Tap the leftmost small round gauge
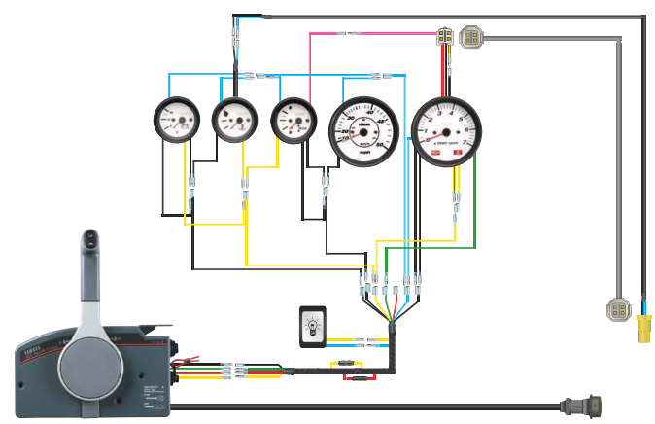pyautogui.click(x=176, y=120)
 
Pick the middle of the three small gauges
pyautogui.click(x=234, y=120)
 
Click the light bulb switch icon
pyautogui.click(x=312, y=325)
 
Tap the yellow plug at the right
pyautogui.click(x=643, y=331)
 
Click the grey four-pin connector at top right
pyautogui.click(x=472, y=37)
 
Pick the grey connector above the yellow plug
pyautogui.click(x=618, y=310)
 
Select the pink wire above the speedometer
pyautogui.click(x=369, y=33)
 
